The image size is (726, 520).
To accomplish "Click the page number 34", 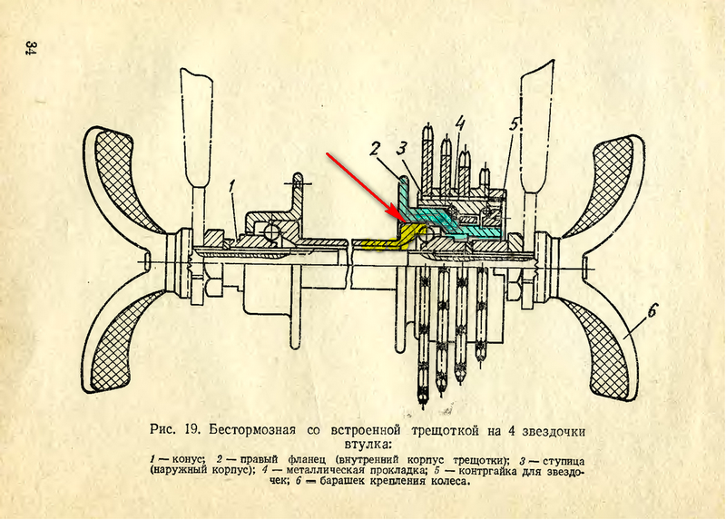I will click(30, 47).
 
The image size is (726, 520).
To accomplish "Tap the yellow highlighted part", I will click(381, 242).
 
